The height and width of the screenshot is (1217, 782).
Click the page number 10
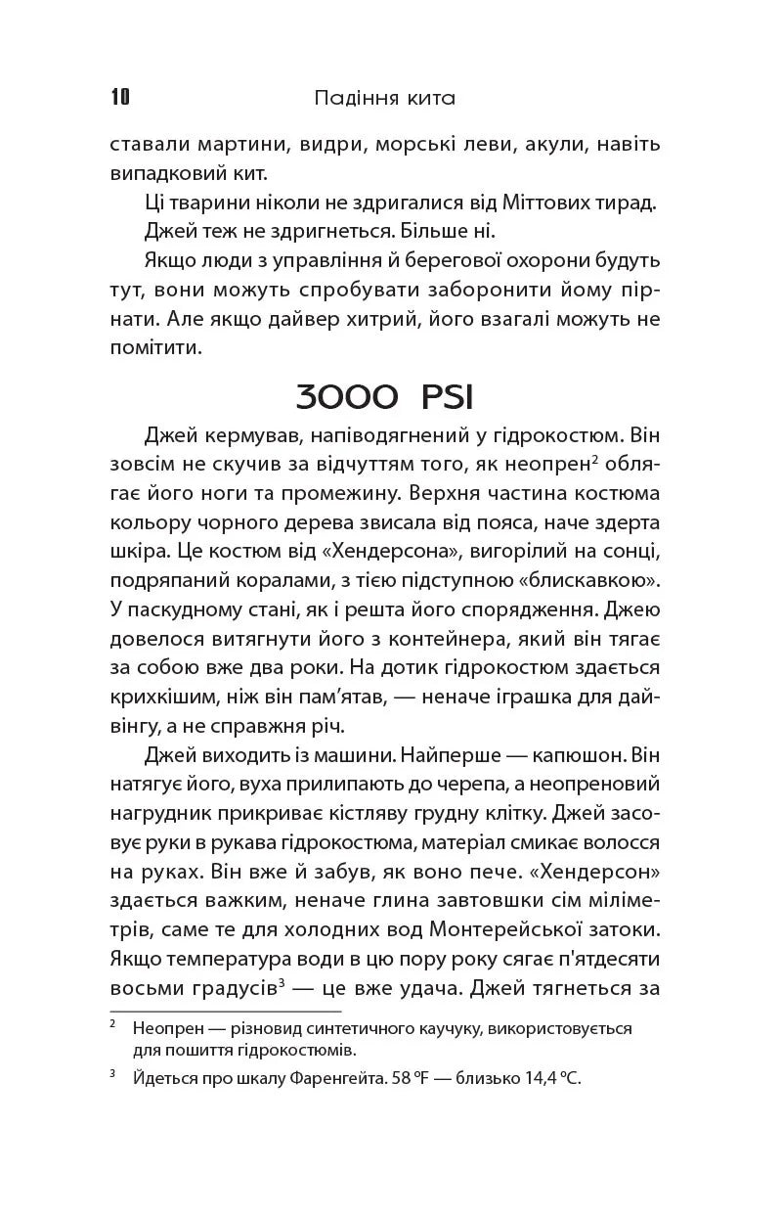(120, 97)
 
